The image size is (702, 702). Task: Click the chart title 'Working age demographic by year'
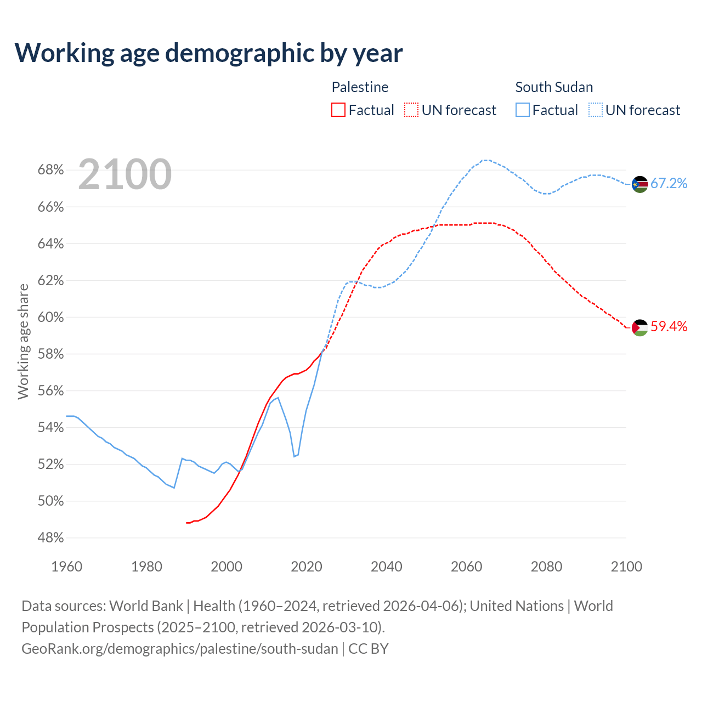click(208, 53)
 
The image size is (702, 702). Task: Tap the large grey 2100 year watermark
click(125, 174)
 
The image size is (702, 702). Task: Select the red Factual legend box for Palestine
click(338, 110)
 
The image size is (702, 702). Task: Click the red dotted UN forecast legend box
click(411, 110)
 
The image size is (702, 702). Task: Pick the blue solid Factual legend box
click(523, 110)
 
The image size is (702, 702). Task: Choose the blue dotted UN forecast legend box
click(596, 110)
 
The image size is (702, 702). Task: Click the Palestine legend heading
click(360, 87)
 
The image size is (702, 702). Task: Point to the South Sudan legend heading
click(554, 87)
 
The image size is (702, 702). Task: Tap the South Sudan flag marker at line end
click(640, 184)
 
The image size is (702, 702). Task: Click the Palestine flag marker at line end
click(640, 327)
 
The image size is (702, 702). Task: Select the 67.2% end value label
click(669, 183)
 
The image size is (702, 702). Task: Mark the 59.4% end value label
click(669, 326)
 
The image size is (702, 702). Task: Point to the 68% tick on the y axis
click(50, 170)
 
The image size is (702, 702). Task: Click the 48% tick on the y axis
click(50, 538)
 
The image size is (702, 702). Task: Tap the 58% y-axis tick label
click(50, 354)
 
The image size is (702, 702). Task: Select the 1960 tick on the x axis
click(66, 567)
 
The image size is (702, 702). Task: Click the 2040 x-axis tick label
click(386, 567)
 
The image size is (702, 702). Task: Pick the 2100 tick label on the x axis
click(626, 567)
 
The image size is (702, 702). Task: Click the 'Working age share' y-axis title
click(23, 341)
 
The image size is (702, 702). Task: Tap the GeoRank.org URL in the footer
click(180, 649)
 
